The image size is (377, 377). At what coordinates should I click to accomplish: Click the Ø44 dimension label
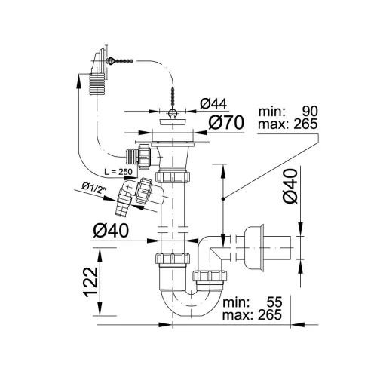click(213, 103)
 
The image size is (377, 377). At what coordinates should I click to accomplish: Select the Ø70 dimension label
click(226, 122)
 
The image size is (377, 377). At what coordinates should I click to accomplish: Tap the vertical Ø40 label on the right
click(290, 185)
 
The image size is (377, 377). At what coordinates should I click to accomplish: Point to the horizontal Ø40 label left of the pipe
click(111, 231)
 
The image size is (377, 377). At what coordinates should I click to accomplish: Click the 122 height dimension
click(90, 282)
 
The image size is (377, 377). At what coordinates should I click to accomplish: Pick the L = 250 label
click(118, 172)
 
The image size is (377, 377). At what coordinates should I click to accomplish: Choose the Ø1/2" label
click(93, 188)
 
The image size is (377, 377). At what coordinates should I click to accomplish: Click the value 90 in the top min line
click(310, 111)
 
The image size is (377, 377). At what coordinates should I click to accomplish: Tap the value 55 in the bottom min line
click(274, 302)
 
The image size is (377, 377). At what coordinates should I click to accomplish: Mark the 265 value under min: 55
click(270, 315)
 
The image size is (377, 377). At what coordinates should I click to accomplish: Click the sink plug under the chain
click(173, 122)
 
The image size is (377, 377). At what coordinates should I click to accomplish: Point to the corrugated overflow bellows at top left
click(97, 84)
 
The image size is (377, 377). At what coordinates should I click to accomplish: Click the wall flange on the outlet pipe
click(255, 248)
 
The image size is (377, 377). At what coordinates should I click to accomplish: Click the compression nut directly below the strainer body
click(173, 176)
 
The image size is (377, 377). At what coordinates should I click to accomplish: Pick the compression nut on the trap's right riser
click(210, 276)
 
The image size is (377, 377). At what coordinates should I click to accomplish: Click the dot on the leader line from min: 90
click(222, 199)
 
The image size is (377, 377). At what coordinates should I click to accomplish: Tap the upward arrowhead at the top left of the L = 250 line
click(78, 81)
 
